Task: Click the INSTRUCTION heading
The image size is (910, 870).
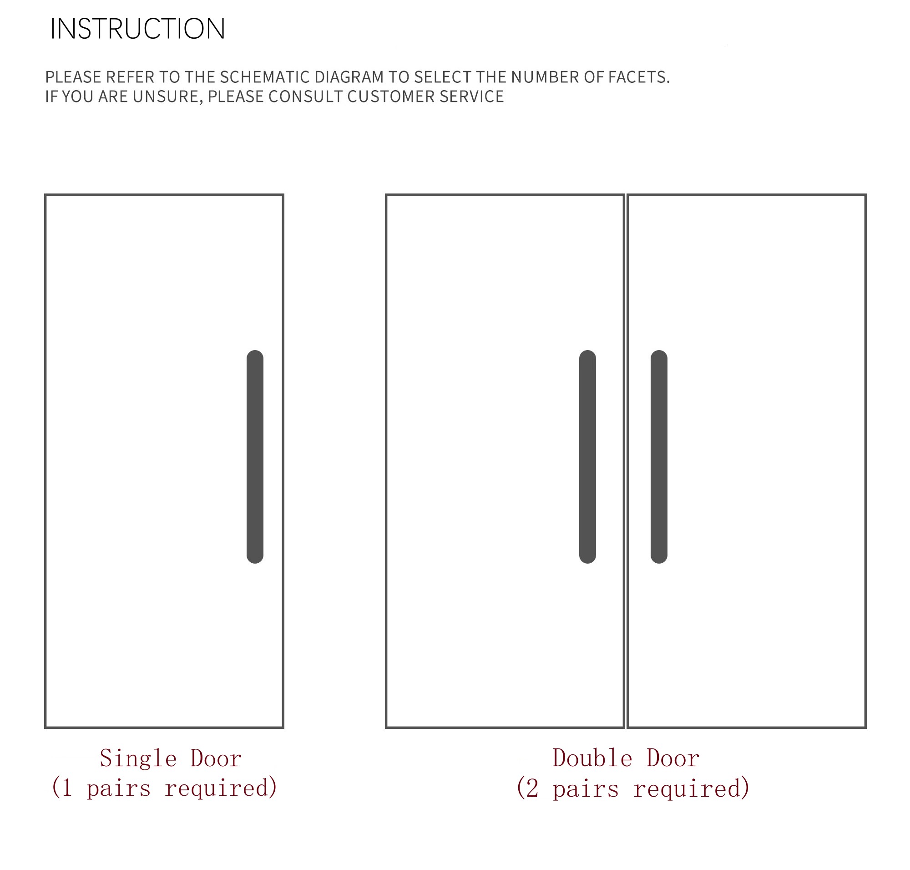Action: [x=137, y=29]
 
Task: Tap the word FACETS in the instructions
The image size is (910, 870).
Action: [x=637, y=77]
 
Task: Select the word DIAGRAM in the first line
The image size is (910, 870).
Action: [x=349, y=77]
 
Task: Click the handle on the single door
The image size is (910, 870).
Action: [x=254, y=456]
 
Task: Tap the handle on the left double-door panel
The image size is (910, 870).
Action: [x=587, y=456]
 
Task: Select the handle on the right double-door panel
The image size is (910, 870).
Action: [x=658, y=456]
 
